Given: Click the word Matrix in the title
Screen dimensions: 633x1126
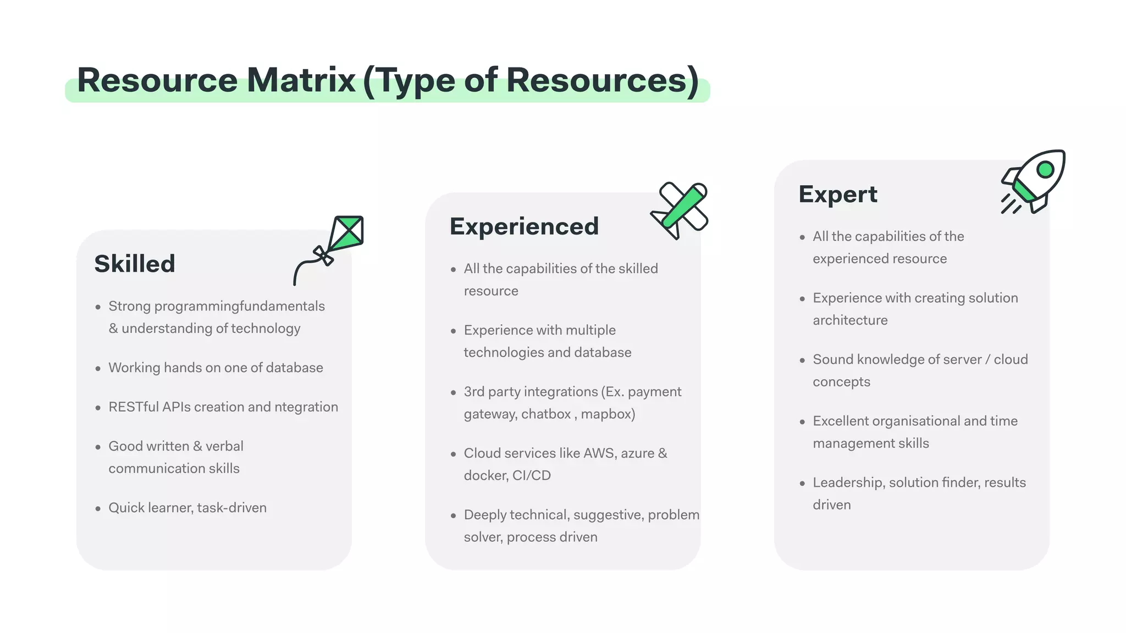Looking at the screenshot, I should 301,80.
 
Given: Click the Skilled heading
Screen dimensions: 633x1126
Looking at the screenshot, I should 135,264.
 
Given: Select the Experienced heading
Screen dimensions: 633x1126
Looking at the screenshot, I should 524,226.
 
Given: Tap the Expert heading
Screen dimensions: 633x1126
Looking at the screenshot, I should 838,195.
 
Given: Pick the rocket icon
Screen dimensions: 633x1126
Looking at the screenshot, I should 1034,180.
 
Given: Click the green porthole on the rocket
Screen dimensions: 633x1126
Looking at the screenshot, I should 1045,169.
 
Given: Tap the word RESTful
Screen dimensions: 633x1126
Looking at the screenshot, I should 134,407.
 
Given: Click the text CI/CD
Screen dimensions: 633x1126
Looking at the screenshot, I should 531,475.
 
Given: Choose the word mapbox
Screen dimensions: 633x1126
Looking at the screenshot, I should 608,414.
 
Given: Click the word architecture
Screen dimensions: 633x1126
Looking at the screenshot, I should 850,320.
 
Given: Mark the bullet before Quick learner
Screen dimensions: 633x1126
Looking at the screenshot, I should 98,509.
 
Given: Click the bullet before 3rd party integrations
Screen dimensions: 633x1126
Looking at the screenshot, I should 453,393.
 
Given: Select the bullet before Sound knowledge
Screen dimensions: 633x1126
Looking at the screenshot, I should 802,360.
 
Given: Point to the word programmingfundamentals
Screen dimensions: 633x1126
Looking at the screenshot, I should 239,306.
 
